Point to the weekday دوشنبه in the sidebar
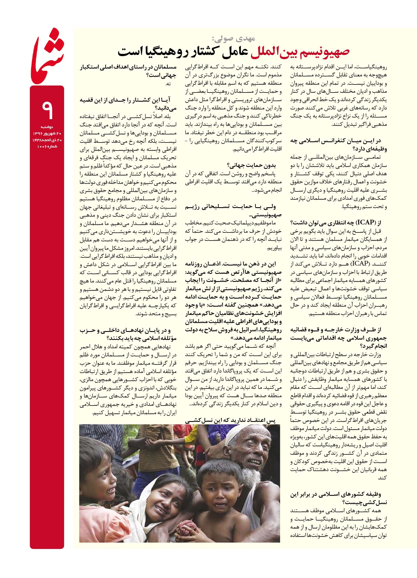pyautogui.click(x=47, y=127)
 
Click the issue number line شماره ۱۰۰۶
pyautogui.click(x=47, y=146)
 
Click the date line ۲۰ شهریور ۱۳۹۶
pyautogui.click(x=47, y=134)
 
